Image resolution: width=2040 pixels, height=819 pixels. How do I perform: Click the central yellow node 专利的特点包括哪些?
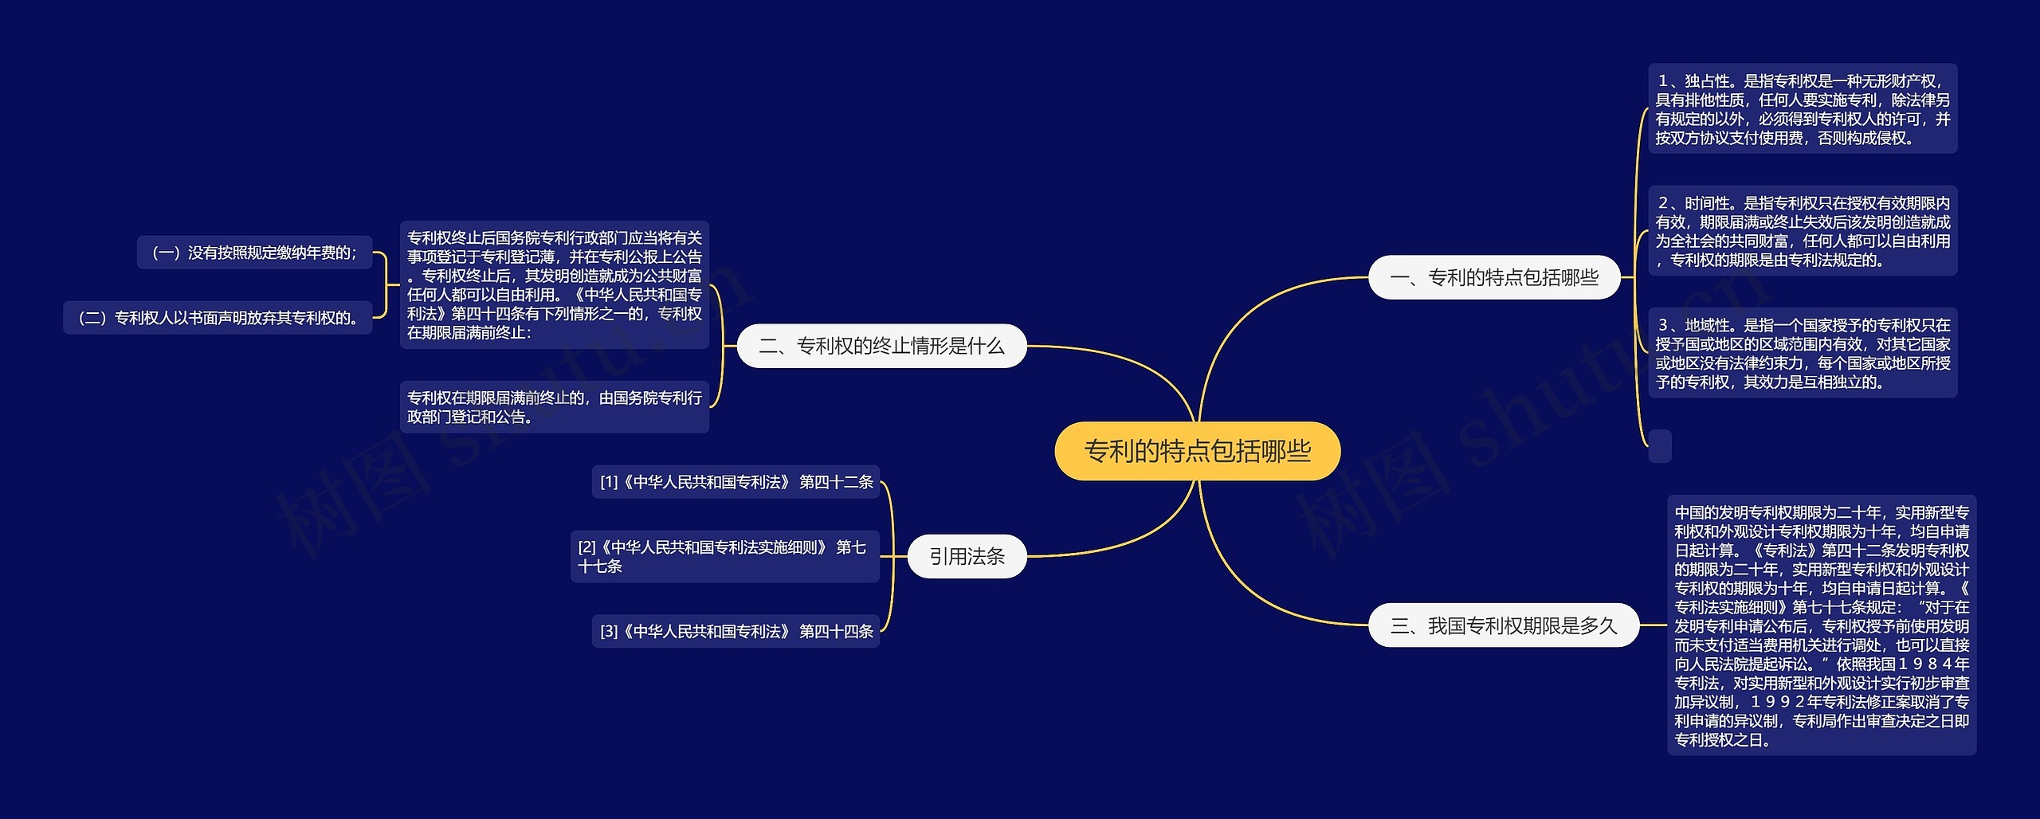click(1197, 451)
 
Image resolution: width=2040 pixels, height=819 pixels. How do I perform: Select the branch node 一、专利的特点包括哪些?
click(1493, 277)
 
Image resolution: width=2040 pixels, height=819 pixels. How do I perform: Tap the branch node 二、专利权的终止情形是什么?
click(881, 346)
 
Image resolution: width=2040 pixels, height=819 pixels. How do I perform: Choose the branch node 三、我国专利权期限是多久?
click(1503, 625)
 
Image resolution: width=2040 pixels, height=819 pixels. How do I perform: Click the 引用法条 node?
click(967, 556)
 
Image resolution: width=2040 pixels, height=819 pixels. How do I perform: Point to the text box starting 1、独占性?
click(1802, 109)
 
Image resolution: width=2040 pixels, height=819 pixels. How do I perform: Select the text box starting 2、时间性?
click(1802, 231)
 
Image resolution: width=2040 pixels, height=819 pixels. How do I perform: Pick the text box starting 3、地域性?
click(1802, 353)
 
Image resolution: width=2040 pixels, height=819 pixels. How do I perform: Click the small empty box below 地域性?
click(1660, 445)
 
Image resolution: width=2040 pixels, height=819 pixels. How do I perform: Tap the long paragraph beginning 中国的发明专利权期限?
click(1821, 625)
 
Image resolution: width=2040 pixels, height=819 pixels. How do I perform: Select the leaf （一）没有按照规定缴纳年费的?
click(254, 253)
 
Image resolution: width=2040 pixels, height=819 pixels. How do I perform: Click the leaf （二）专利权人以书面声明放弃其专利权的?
click(218, 318)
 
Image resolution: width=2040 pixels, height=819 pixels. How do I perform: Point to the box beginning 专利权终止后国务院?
click(554, 284)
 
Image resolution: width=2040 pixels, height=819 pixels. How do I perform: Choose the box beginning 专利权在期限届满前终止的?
click(554, 406)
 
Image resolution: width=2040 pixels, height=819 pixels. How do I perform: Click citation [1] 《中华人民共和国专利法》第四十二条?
click(736, 482)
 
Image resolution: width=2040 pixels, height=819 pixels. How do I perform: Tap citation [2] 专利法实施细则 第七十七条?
click(724, 556)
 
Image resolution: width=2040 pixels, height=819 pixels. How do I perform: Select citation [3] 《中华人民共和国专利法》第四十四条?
click(736, 631)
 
